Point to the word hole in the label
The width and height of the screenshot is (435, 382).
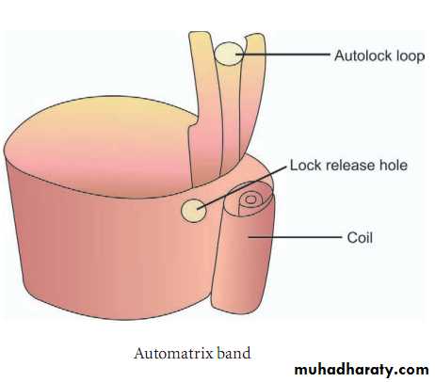[x=394, y=166]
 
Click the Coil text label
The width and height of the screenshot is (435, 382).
[x=360, y=237]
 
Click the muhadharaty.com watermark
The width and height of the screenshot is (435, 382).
[x=362, y=370]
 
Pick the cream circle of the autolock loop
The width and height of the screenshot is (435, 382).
[x=230, y=54]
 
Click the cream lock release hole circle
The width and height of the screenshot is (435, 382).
[x=194, y=210]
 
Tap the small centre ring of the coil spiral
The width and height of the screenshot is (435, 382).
[x=250, y=199]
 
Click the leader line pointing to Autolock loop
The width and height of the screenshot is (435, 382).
[x=282, y=54]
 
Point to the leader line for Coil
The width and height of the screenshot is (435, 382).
[x=295, y=237]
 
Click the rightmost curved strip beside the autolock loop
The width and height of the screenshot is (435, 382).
[x=252, y=94]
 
